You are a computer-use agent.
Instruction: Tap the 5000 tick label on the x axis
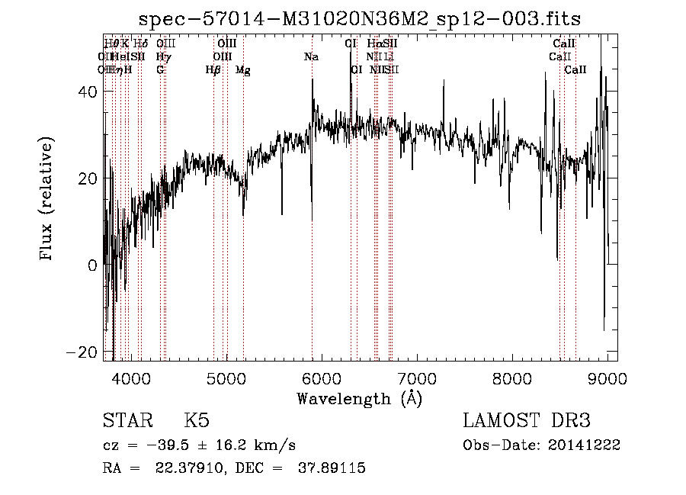[226, 379]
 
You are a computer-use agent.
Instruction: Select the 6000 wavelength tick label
[322, 379]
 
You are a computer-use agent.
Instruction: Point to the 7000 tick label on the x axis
[417, 379]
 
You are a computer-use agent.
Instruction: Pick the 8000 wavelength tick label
[512, 379]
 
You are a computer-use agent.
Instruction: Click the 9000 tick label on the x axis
[607, 379]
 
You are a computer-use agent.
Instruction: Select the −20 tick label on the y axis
[82, 352]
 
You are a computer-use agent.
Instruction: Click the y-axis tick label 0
[92, 265]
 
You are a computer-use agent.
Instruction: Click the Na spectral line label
[311, 57]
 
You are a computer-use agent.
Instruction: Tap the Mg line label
[242, 70]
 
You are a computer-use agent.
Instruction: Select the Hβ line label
[213, 70]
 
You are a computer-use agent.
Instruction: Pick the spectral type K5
[197, 421]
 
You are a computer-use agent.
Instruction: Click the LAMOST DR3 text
[527, 421]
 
